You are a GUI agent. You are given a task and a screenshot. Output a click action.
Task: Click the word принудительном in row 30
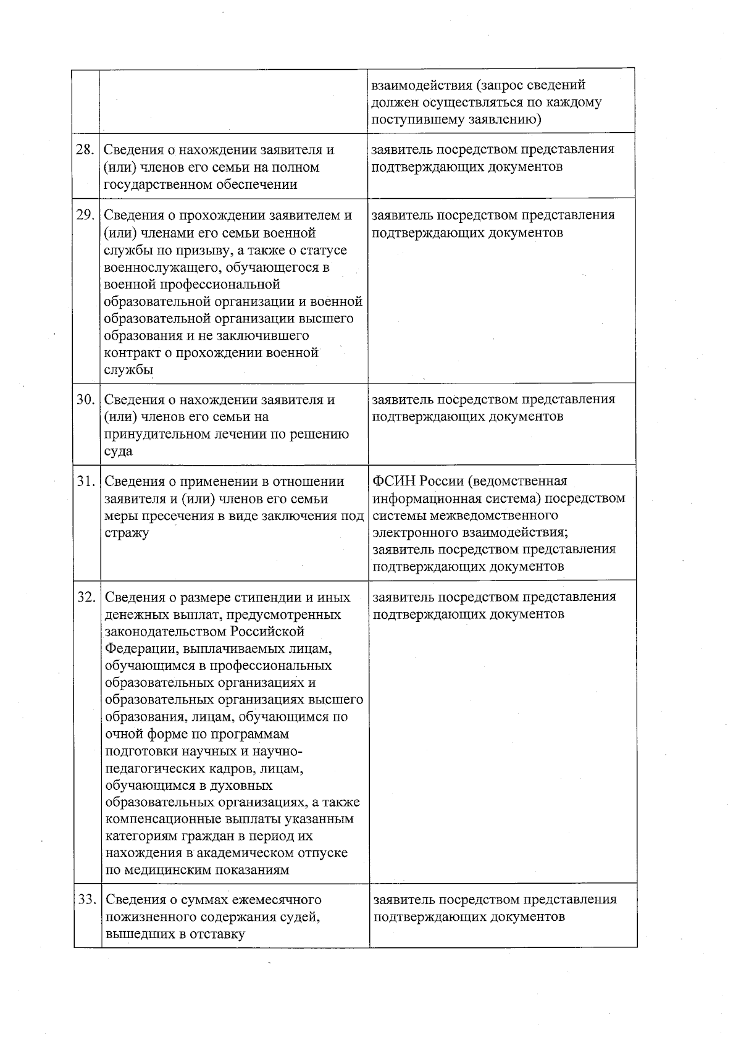pyautogui.click(x=151, y=434)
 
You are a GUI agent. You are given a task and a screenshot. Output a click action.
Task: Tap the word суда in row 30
pyautogui.click(x=119, y=451)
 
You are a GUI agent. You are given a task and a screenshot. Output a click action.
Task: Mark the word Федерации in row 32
pyautogui.click(x=135, y=649)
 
